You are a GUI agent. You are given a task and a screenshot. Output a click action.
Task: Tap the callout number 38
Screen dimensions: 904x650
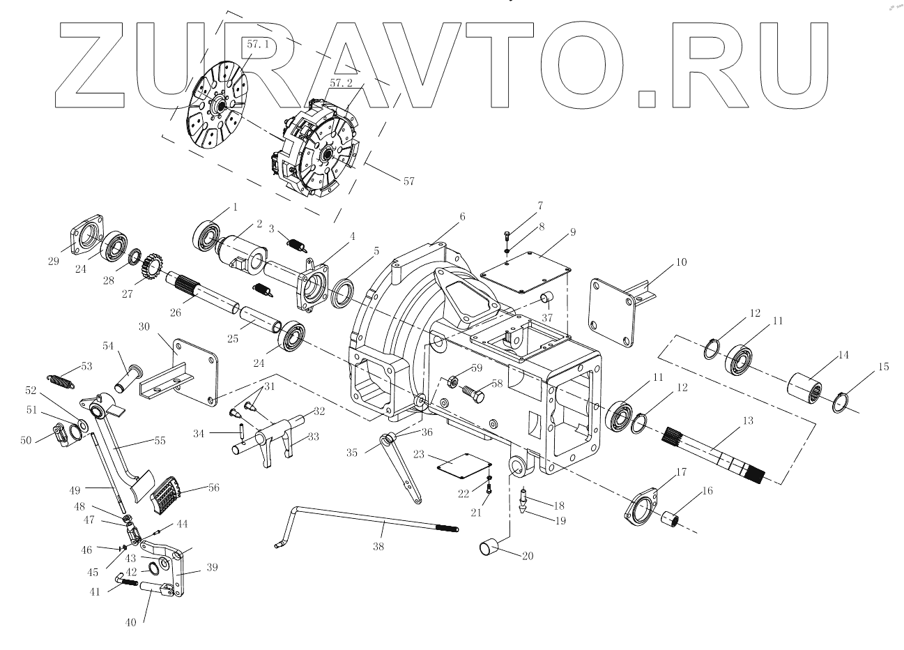click(x=377, y=547)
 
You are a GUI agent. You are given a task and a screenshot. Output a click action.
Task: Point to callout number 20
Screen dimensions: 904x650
click(x=528, y=556)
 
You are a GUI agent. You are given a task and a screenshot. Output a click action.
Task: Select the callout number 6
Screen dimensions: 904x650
click(x=461, y=217)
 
